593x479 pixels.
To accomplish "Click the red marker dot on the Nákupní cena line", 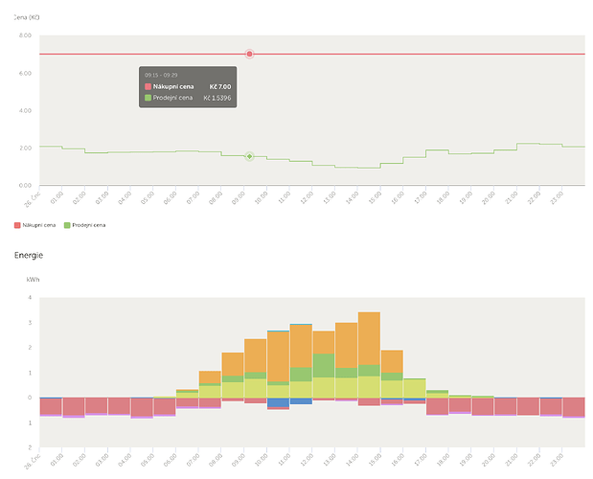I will (x=249, y=54).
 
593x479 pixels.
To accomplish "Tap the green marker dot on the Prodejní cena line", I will (x=249, y=156).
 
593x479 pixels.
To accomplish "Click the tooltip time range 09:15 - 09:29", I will (x=159, y=74).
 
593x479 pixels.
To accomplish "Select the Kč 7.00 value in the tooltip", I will (x=220, y=86).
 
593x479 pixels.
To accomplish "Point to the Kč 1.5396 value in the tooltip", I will (x=217, y=98).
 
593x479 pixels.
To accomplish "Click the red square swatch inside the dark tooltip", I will (x=148, y=86).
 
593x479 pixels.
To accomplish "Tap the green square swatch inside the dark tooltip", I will (x=148, y=98).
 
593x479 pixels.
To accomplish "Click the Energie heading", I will (x=29, y=256).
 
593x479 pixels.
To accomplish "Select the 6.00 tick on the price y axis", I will (x=25, y=73).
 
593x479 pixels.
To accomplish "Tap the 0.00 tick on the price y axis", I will (x=25, y=185).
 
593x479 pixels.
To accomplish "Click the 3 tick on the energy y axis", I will (x=30, y=323).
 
